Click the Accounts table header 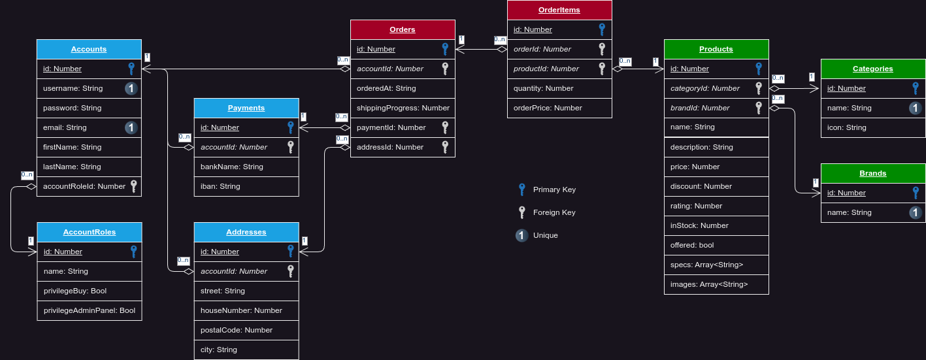click(89, 49)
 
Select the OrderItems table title click(559, 10)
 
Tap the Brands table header click(873, 173)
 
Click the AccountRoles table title click(90, 232)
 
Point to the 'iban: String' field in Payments click(220, 186)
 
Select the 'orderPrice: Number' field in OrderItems click(548, 108)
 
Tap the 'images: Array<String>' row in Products click(709, 284)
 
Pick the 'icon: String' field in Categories click(847, 127)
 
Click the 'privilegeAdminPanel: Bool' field click(90, 310)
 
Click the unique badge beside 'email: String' click(131, 127)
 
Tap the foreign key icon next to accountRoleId click(133, 186)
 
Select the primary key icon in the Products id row click(759, 69)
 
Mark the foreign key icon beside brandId click(759, 108)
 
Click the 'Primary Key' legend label click(554, 189)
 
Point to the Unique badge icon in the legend click(521, 235)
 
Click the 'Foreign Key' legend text click(554, 212)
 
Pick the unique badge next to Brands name click(916, 212)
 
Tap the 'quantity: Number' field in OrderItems click(544, 88)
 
